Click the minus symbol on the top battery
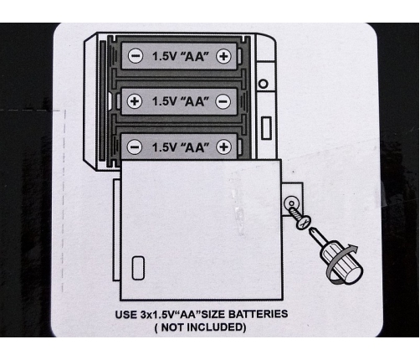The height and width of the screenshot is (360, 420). [x=136, y=56]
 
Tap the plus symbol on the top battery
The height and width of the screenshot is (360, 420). [x=223, y=56]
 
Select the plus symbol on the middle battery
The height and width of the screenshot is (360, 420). [x=135, y=101]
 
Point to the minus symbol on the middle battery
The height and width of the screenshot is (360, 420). [x=223, y=101]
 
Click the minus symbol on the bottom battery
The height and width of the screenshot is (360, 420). [x=135, y=147]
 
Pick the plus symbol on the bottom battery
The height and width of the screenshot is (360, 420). [x=223, y=147]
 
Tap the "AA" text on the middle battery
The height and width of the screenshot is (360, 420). [x=195, y=101]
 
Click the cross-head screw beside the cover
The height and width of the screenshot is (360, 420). [x=300, y=218]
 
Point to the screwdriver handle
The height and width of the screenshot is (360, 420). [x=342, y=264]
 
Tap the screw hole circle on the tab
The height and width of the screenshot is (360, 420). [x=291, y=203]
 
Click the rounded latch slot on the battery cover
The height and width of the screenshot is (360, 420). [x=138, y=268]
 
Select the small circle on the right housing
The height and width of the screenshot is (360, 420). [x=264, y=84]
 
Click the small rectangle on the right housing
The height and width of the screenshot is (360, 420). [x=266, y=128]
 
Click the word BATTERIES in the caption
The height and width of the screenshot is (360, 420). [x=258, y=314]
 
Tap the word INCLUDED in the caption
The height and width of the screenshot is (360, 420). [x=217, y=327]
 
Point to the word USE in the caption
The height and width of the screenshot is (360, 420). [x=126, y=315]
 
